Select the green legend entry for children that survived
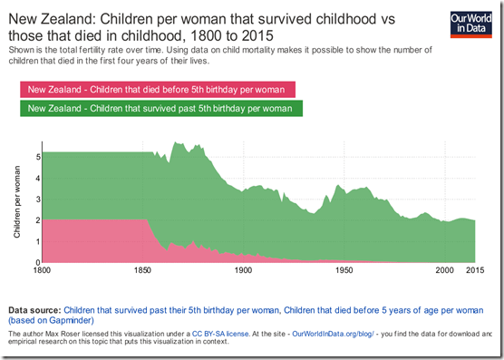pos(160,109)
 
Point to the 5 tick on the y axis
pos(37,157)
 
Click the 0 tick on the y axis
pos(37,263)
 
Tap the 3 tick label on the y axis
pos(37,199)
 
